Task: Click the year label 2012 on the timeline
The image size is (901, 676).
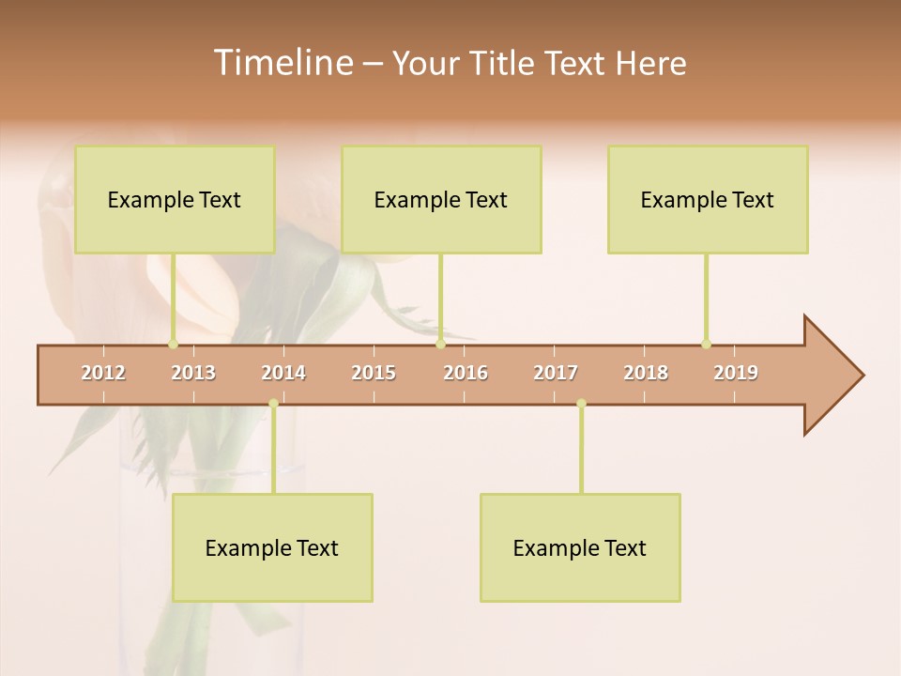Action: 103,374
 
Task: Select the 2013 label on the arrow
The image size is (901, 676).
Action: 193,374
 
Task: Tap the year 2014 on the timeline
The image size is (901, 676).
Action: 283,374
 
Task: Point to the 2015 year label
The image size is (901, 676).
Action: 374,374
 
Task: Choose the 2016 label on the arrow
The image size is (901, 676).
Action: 466,374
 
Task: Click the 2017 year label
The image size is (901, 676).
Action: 556,374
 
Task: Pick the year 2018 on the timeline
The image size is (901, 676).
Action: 646,374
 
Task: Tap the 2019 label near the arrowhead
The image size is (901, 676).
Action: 736,374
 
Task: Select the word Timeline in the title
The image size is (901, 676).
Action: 282,63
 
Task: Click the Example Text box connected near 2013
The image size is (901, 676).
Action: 175,199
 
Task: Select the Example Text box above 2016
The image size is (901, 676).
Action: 441,199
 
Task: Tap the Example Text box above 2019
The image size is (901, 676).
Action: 708,199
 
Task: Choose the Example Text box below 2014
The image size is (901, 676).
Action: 272,547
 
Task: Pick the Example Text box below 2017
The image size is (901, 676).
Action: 580,547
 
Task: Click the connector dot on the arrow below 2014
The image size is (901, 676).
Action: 273,404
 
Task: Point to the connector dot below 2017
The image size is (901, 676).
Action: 581,404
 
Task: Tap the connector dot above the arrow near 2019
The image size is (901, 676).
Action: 706,344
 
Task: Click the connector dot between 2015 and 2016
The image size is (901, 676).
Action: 440,344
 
